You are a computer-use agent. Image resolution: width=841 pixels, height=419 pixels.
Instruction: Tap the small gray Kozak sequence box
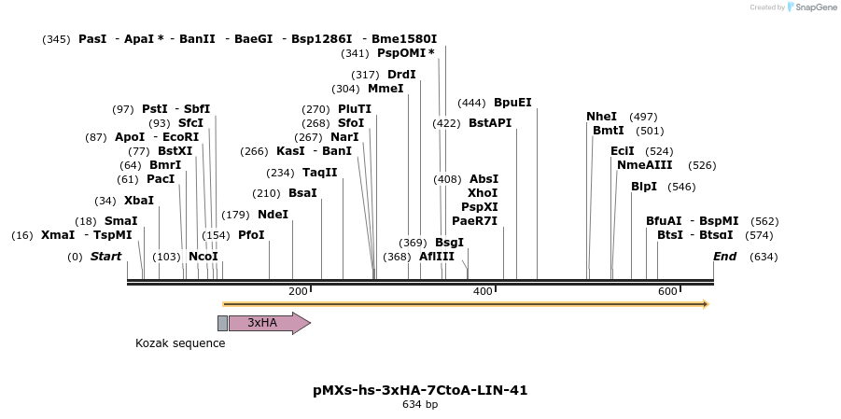pyautogui.click(x=222, y=323)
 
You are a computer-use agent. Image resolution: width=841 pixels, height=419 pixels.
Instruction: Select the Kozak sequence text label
pyautogui.click(x=180, y=343)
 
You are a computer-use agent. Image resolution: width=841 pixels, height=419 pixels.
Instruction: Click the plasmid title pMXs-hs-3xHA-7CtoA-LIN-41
pyautogui.click(x=420, y=390)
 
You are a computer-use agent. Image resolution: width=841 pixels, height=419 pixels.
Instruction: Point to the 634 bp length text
pyautogui.click(x=420, y=405)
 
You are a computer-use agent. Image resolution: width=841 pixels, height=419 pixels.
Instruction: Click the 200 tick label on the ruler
pyautogui.click(x=298, y=292)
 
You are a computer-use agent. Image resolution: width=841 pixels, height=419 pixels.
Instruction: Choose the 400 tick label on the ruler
pyautogui.click(x=483, y=292)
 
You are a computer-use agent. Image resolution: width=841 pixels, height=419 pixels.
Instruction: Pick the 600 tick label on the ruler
pyautogui.click(x=667, y=292)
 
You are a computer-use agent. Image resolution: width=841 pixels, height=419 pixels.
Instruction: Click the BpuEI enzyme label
pyautogui.click(x=512, y=103)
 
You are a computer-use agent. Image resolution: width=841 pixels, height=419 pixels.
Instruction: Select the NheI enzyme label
pyautogui.click(x=601, y=117)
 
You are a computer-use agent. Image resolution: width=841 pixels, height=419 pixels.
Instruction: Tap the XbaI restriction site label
pyautogui.click(x=139, y=201)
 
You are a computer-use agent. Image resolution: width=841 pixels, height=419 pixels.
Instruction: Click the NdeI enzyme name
pyautogui.click(x=273, y=215)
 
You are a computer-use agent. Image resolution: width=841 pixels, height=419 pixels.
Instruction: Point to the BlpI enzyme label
pyautogui.click(x=644, y=187)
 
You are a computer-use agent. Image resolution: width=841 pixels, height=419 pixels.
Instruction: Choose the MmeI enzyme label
pyautogui.click(x=385, y=89)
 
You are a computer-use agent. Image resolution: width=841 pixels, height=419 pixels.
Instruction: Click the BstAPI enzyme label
pyautogui.click(x=490, y=123)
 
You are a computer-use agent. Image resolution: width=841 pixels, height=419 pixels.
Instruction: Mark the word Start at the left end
pyautogui.click(x=105, y=257)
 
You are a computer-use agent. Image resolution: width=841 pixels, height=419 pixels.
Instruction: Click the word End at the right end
pyautogui.click(x=725, y=257)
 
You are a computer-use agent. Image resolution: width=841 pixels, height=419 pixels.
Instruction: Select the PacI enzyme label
pyautogui.click(x=161, y=179)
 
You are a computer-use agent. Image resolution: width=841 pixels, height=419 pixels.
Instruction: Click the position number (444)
pyautogui.click(x=471, y=103)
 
